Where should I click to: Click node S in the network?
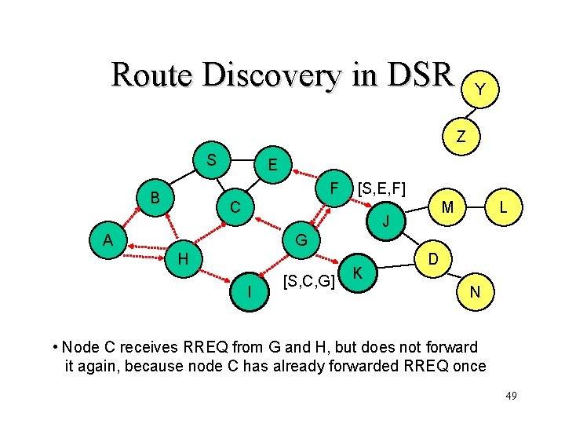[211, 159]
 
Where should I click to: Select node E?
[271, 166]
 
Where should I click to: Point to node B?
[155, 197]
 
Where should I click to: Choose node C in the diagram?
[235, 208]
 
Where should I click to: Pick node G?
[301, 238]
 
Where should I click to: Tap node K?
[358, 272]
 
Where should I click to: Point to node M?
[447, 207]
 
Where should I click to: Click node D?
[432, 258]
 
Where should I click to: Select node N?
[475, 292]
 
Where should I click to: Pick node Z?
[461, 136]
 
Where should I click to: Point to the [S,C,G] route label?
[309, 280]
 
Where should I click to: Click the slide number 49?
[510, 396]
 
